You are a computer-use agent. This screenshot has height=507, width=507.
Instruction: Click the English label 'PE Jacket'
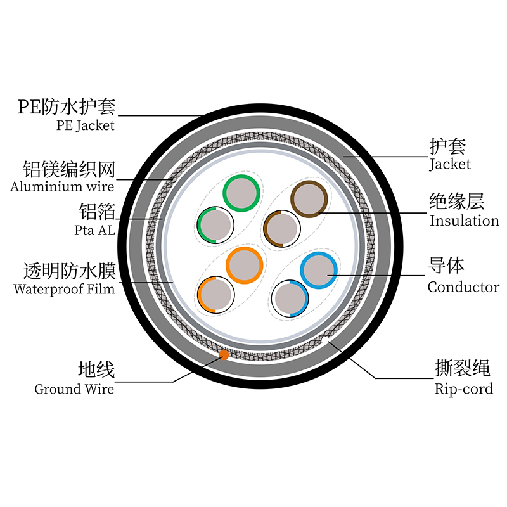85,125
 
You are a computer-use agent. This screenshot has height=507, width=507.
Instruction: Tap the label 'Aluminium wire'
62,186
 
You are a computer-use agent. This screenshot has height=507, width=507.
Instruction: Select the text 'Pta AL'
94,230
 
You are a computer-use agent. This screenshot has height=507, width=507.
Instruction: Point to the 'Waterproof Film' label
64,290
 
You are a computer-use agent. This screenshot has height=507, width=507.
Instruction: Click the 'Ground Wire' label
74,388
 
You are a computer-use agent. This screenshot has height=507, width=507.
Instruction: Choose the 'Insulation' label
464,221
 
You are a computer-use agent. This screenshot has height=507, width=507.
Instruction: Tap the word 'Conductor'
463,287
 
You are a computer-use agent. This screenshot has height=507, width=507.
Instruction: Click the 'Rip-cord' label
463,388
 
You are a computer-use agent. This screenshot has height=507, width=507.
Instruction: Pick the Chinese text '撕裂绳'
464,368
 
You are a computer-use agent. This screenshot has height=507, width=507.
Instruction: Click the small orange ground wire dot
223,356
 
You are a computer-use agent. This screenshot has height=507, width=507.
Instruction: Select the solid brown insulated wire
309,199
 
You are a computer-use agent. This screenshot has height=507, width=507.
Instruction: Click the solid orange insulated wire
245,264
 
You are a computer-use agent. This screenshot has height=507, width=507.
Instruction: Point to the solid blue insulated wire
318,271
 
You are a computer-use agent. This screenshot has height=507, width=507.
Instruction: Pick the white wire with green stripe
215,225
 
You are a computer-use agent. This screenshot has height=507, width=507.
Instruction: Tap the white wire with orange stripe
215,295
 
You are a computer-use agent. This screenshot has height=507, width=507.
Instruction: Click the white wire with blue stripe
290,298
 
